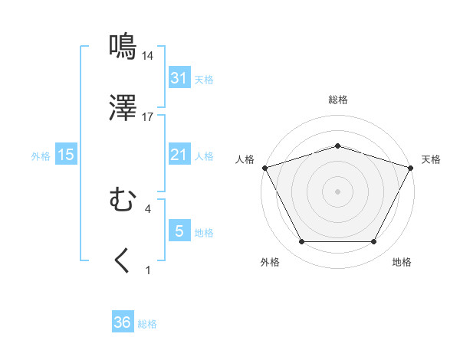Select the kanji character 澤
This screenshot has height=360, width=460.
(123, 109)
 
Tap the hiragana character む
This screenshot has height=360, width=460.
(123, 201)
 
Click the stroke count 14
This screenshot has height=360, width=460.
(148, 55)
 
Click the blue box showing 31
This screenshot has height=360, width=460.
(179, 78)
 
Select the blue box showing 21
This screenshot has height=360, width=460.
(179, 155)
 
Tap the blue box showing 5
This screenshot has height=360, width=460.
(179, 231)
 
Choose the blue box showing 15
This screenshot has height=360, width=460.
(66, 155)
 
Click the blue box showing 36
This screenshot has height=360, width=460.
(123, 322)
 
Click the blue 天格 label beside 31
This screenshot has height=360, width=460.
(204, 79)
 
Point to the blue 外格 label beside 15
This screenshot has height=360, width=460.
(41, 155)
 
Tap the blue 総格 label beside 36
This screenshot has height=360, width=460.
(147, 323)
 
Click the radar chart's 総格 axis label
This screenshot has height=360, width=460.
(337, 100)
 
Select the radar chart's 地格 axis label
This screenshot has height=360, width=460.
(402, 262)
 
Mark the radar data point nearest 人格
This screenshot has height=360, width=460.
(264, 167)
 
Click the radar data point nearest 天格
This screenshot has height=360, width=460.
(411, 167)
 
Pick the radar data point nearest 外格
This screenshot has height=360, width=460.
(301, 242)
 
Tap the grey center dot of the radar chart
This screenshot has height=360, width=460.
(337, 191)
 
